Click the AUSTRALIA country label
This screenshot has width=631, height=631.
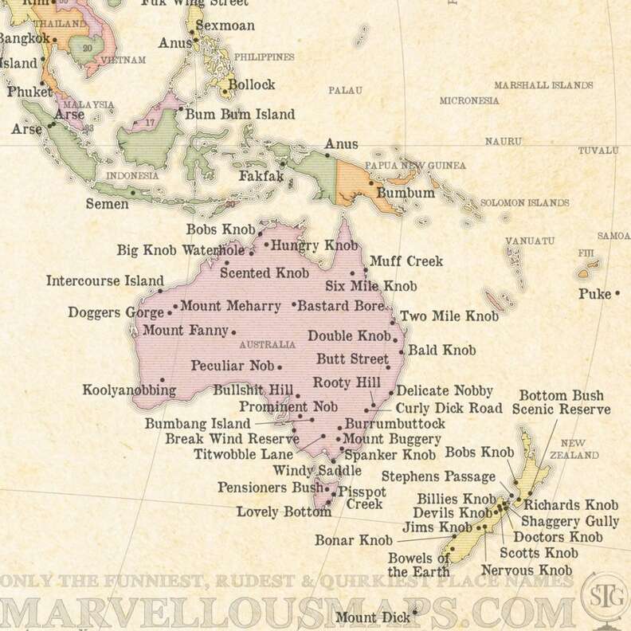(267, 345)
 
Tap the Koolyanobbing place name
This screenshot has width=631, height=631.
(128, 390)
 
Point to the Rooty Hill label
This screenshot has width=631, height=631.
(346, 383)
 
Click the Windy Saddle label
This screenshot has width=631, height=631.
(306, 471)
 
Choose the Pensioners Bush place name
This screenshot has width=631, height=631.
(270, 487)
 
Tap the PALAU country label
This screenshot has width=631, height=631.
(345, 90)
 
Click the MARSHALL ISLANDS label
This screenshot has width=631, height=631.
(543, 85)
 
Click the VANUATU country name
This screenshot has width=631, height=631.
(530, 241)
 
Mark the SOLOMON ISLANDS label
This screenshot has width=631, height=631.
(524, 203)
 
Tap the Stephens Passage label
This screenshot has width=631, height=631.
(438, 477)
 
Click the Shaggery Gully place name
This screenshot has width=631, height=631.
(570, 521)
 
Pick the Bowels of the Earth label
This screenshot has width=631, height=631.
(419, 565)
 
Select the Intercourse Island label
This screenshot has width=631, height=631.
(104, 280)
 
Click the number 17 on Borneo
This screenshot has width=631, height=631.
(149, 123)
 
